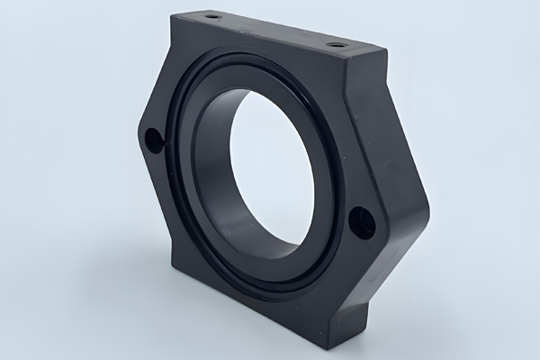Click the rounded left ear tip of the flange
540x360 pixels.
139,135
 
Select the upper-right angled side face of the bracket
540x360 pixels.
396,135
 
